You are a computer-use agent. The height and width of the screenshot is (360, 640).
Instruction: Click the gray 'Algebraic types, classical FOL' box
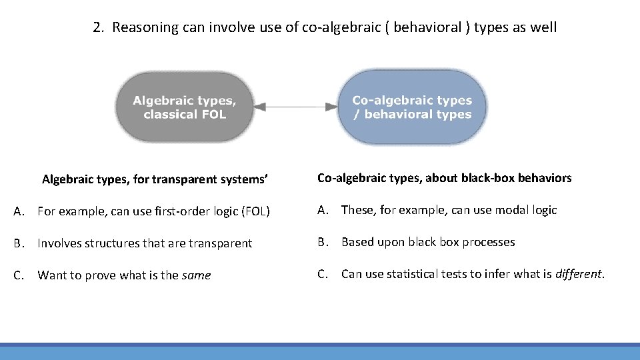tap(185, 107)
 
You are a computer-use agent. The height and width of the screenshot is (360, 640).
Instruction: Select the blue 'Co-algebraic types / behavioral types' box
tap(412, 107)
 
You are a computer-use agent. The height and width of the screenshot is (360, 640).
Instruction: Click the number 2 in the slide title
tap(97, 27)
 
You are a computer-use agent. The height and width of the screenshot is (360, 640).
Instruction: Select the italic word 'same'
tap(196, 275)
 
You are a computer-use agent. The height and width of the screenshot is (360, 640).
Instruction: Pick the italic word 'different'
tap(579, 274)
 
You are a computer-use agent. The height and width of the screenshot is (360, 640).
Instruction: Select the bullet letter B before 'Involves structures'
tap(19, 243)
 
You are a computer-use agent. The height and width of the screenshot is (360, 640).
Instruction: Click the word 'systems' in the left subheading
tap(245, 179)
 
